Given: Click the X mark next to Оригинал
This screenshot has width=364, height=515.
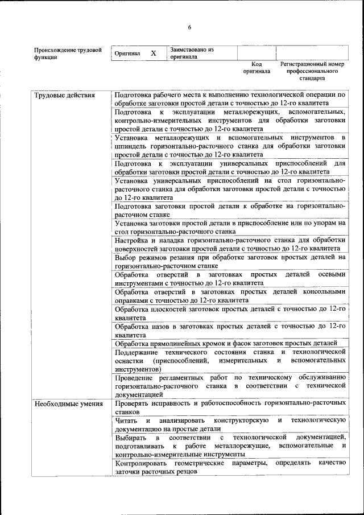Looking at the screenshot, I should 153,53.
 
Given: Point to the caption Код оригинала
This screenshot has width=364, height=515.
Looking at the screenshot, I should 257,68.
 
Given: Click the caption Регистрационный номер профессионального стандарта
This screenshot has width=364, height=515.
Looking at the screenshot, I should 312,71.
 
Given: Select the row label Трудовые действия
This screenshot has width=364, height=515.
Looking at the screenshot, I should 57,95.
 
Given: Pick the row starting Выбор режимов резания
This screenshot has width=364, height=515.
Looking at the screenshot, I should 230,261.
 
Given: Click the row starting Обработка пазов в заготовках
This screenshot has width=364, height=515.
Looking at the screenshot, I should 230,331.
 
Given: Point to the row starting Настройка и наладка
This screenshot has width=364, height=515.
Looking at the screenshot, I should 230,244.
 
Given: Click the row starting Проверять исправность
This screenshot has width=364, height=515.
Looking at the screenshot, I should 230,406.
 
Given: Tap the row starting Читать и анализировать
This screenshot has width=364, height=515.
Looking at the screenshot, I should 230,424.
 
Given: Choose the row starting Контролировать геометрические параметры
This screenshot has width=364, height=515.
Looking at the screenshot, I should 230,467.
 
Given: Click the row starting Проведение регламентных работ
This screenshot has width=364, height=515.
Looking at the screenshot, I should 230,385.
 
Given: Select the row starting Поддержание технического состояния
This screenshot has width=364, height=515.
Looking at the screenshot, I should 230,360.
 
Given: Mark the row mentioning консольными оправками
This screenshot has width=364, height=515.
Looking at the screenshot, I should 230,295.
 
